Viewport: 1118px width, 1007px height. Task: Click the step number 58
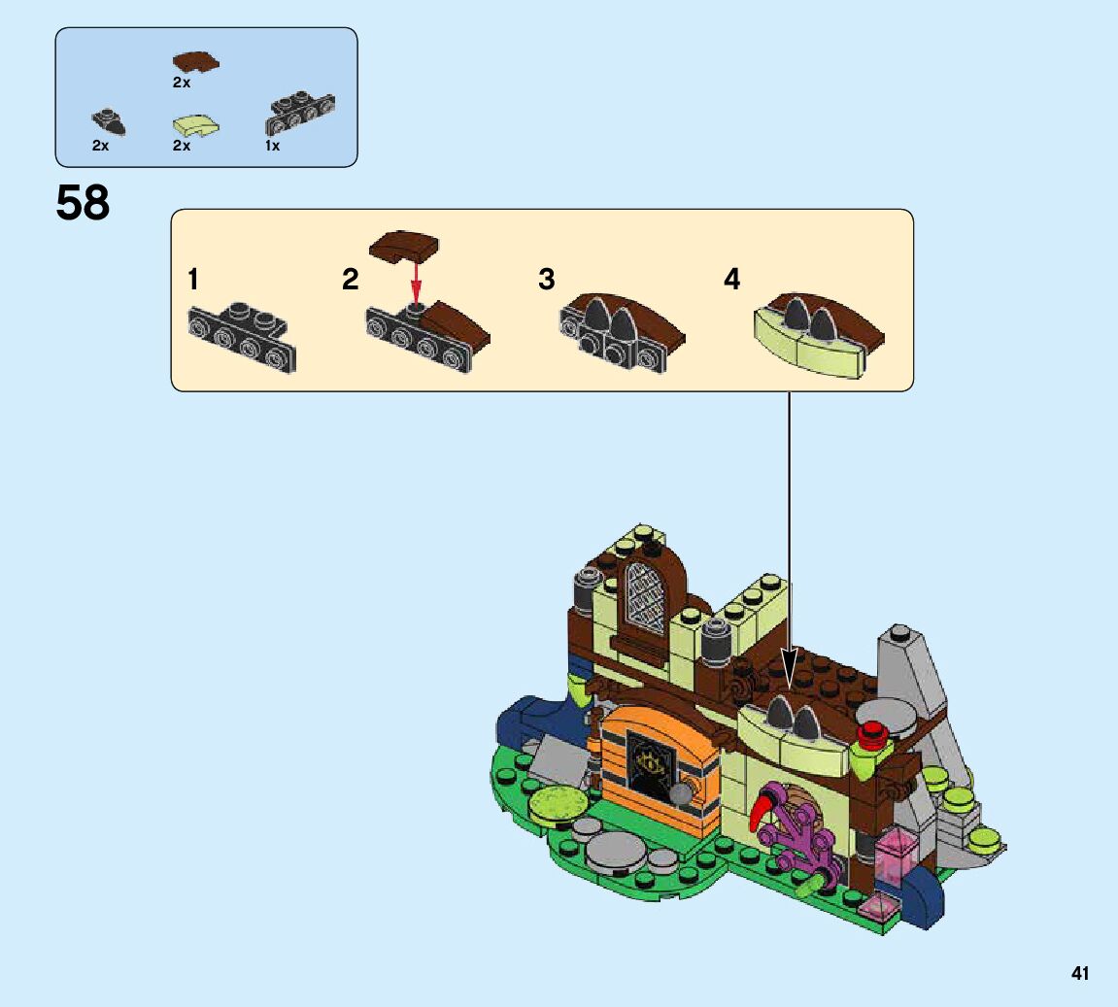pyautogui.click(x=83, y=203)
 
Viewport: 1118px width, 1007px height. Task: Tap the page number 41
pyautogui.click(x=1080, y=973)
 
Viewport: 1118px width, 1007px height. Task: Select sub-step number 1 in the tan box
pyautogui.click(x=193, y=280)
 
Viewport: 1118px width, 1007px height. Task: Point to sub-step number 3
pyautogui.click(x=547, y=280)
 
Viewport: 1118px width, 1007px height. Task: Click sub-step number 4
pyautogui.click(x=731, y=280)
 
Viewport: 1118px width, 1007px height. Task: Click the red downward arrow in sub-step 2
pyautogui.click(x=416, y=282)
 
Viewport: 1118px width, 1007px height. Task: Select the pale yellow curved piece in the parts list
pyautogui.click(x=194, y=125)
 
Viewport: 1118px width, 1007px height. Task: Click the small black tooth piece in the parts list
pyautogui.click(x=108, y=122)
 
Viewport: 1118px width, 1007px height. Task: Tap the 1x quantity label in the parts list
pyautogui.click(x=272, y=146)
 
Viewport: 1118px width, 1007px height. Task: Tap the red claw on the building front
pyautogui.click(x=764, y=810)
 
